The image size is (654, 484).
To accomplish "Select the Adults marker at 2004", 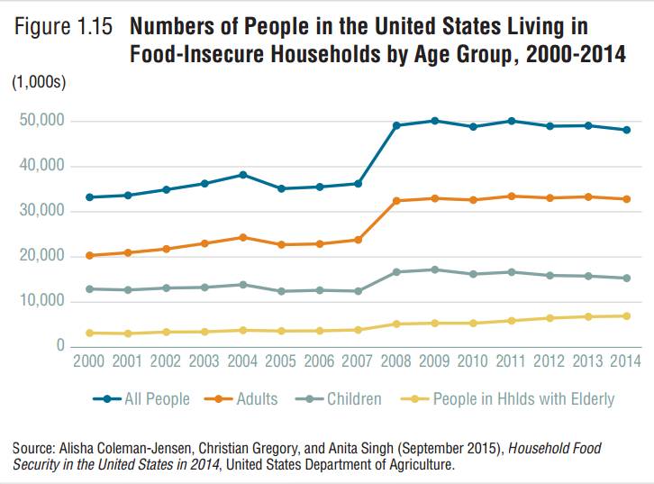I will (x=241, y=237).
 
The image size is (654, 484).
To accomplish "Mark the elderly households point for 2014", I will (x=626, y=315).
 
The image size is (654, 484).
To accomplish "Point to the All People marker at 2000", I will (x=90, y=196).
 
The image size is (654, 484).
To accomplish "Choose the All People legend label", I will (x=157, y=398).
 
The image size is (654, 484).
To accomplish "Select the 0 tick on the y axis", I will (x=59, y=346).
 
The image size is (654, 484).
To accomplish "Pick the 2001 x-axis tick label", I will (x=128, y=362).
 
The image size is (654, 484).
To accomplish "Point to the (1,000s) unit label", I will (x=39, y=84).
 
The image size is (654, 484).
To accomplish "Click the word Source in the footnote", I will (x=33, y=447).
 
